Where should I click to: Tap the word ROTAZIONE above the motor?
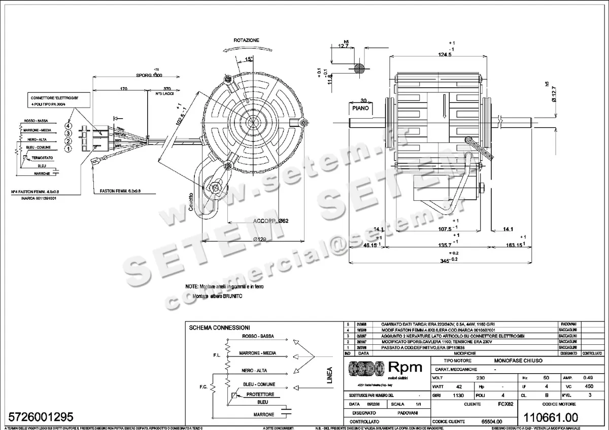(247, 40)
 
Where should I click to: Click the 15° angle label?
(249, 59)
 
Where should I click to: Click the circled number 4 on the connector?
(67, 125)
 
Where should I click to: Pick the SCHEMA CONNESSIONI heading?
(219, 328)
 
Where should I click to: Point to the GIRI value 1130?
(458, 395)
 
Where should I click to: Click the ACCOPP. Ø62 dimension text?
(270, 222)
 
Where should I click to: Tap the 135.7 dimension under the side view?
(445, 245)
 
